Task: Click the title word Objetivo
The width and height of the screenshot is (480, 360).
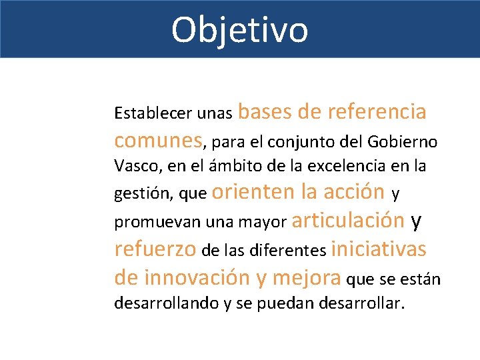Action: coord(239,30)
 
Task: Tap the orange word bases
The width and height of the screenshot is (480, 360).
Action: coord(265,111)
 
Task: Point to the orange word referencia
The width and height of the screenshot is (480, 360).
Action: coord(377,111)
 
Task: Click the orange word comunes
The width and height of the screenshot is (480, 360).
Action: coord(159,140)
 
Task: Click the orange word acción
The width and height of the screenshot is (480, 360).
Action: coord(353,192)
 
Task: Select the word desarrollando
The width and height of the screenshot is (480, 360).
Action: coord(167,304)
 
